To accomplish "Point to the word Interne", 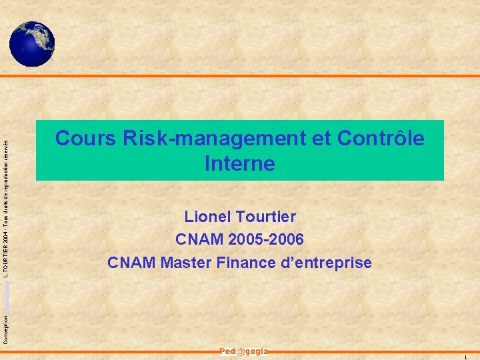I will click(240, 163).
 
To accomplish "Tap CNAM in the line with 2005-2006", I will click(195, 239).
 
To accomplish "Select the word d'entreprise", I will click(327, 263).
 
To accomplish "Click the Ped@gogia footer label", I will click(243, 351).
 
